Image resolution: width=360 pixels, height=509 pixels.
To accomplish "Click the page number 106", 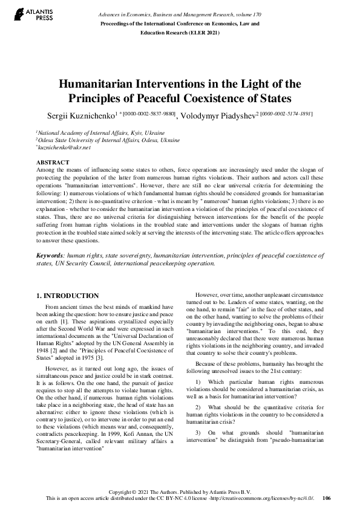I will point(327,498).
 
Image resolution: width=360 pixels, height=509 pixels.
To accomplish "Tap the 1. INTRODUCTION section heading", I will point(67,296).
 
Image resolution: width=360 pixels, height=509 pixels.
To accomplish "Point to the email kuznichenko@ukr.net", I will point(64,147).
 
